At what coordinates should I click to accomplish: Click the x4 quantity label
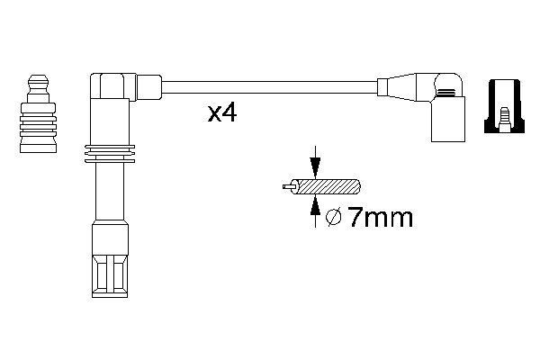(x=221, y=114)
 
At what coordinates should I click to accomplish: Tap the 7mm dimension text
(x=379, y=218)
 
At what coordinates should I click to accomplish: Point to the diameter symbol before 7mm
(x=332, y=218)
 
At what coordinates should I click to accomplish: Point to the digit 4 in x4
(x=229, y=114)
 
